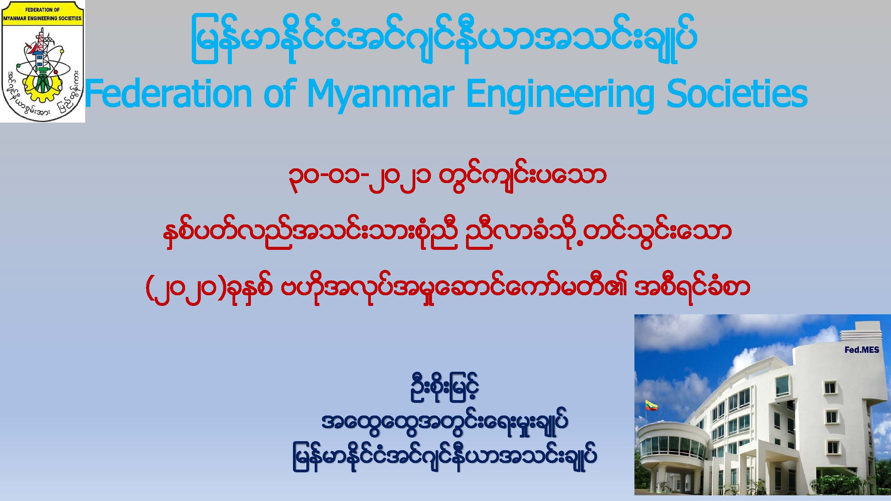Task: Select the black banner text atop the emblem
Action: pyautogui.click(x=42, y=14)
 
